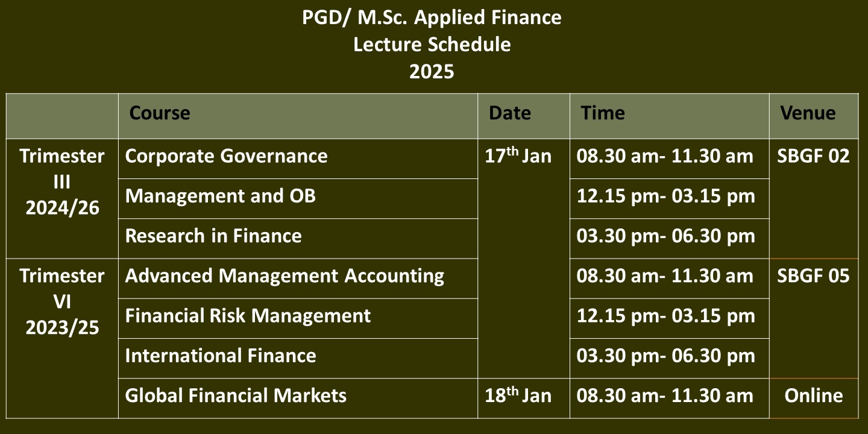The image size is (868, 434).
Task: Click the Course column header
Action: pos(160,113)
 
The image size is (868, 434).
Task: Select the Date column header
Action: pos(510,113)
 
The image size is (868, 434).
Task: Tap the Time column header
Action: pos(603,113)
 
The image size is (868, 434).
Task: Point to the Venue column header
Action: pos(808,113)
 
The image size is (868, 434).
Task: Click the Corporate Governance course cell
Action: pos(226,156)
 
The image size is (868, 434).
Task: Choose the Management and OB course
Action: pos(221,196)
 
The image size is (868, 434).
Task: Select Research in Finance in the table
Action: pos(213,236)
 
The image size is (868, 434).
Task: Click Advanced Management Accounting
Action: pos(285,276)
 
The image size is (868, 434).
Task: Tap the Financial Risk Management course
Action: pos(248,316)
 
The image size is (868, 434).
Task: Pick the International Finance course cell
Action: pos(221,356)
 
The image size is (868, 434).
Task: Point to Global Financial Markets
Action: pos(236,395)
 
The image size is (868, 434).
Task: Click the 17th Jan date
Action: pos(518,156)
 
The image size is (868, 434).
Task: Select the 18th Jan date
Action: pos(518,395)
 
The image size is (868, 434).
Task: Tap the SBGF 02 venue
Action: pos(813,156)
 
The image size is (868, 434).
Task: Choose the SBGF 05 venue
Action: pos(813,276)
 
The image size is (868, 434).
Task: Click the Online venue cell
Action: pos(814,395)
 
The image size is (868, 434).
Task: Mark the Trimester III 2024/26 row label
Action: pos(62,182)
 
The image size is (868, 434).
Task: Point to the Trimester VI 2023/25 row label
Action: pos(62,302)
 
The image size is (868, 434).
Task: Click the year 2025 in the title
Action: pos(432,72)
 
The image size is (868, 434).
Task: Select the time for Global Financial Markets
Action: pos(665,395)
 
